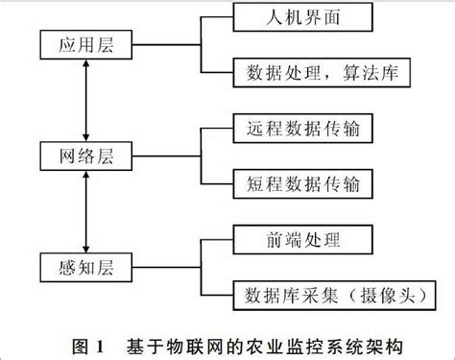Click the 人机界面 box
click(x=300, y=17)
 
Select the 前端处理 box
click(x=300, y=236)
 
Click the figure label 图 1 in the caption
click(x=89, y=343)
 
